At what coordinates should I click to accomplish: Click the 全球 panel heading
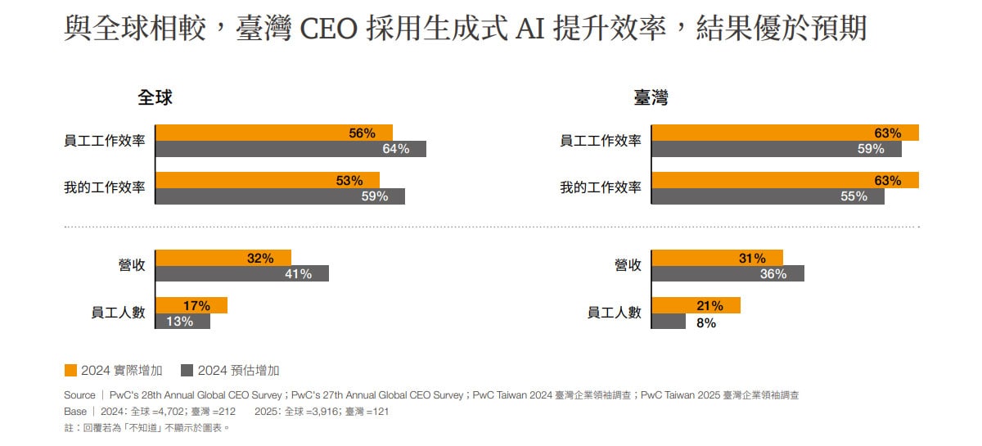pos(155,98)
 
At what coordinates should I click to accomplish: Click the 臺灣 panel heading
pos(651,98)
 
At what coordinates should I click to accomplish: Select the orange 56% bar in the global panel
pos(273,133)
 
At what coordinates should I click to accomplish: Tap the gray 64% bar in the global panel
pos(290,149)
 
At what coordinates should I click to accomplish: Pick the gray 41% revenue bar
pos(241,274)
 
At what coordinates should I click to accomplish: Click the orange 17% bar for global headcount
pos(191,306)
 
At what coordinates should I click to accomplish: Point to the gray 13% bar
pos(182,322)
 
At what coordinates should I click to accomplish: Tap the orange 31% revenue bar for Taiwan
pos(717,258)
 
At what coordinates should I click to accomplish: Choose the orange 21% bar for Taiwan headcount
pos(696,306)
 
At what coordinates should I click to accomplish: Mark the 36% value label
pos(773,274)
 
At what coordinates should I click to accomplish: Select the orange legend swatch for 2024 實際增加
pos(70,371)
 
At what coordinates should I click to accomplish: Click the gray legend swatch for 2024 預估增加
pos(187,371)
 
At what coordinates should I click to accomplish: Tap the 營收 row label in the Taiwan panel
pos(628,265)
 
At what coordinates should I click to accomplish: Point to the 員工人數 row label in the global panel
pos(118,313)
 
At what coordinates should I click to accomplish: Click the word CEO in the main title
pos(331,30)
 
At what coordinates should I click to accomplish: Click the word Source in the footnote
pos(79,395)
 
